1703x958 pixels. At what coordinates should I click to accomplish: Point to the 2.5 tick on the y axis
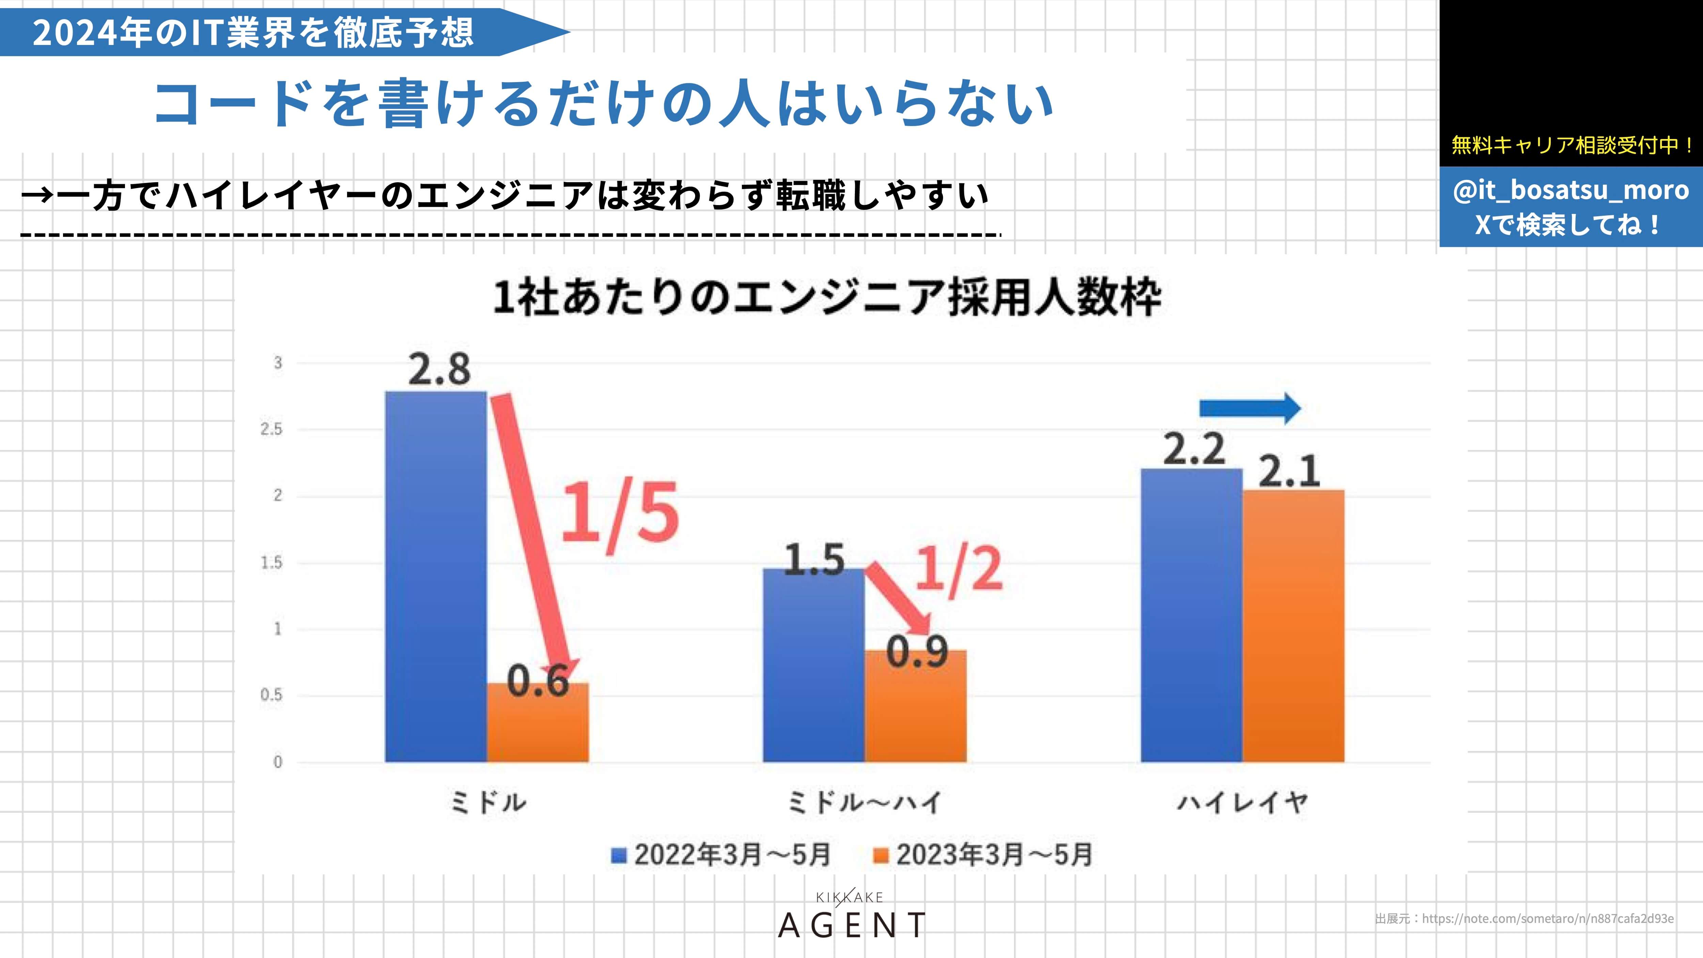[x=271, y=430]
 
